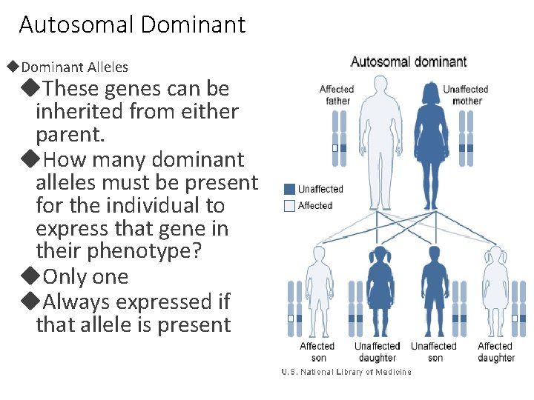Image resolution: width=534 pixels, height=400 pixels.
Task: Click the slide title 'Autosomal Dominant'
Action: tap(132, 25)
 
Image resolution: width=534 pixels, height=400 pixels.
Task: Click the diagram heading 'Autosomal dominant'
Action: tap(408, 62)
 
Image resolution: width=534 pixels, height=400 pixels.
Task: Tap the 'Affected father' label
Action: tap(337, 95)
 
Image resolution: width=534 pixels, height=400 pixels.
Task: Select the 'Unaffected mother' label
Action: tap(466, 95)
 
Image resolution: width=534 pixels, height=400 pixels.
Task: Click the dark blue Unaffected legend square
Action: tap(289, 189)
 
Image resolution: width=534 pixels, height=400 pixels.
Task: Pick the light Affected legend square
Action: tap(289, 205)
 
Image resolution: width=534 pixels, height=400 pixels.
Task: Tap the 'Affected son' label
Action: tap(317, 352)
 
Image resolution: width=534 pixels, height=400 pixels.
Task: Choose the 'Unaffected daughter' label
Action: tap(376, 352)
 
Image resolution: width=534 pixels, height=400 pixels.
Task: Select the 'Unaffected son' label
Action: tap(434, 352)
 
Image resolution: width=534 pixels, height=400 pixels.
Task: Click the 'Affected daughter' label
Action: tap(495, 352)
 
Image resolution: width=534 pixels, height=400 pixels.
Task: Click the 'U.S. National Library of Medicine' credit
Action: tap(346, 372)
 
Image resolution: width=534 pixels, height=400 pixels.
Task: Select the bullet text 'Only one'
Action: tap(85, 277)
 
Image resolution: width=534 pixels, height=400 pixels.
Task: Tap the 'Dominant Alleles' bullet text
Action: tap(74, 67)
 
